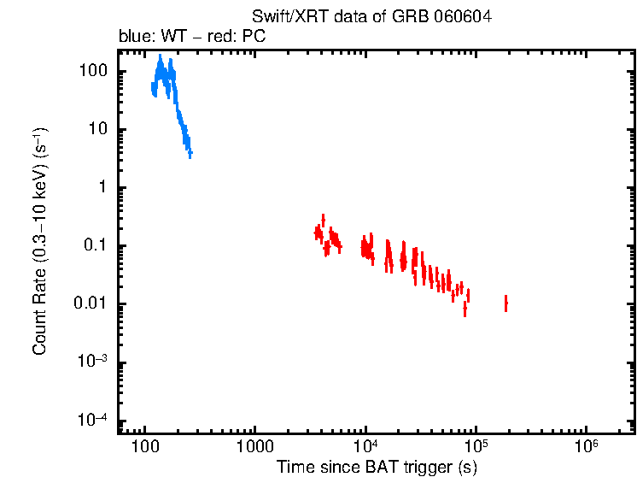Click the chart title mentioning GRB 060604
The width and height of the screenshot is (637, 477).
372,17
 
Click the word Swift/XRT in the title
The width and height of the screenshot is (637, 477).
283,17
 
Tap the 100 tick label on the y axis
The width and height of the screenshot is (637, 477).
92,71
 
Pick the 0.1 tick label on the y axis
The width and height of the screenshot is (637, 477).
95,246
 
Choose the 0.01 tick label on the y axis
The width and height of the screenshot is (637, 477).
91,304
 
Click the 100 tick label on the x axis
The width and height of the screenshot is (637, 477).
145,448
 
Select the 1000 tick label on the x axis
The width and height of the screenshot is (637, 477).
254,448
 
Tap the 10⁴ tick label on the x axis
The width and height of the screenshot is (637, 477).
365,446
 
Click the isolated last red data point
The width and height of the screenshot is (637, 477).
506,303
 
